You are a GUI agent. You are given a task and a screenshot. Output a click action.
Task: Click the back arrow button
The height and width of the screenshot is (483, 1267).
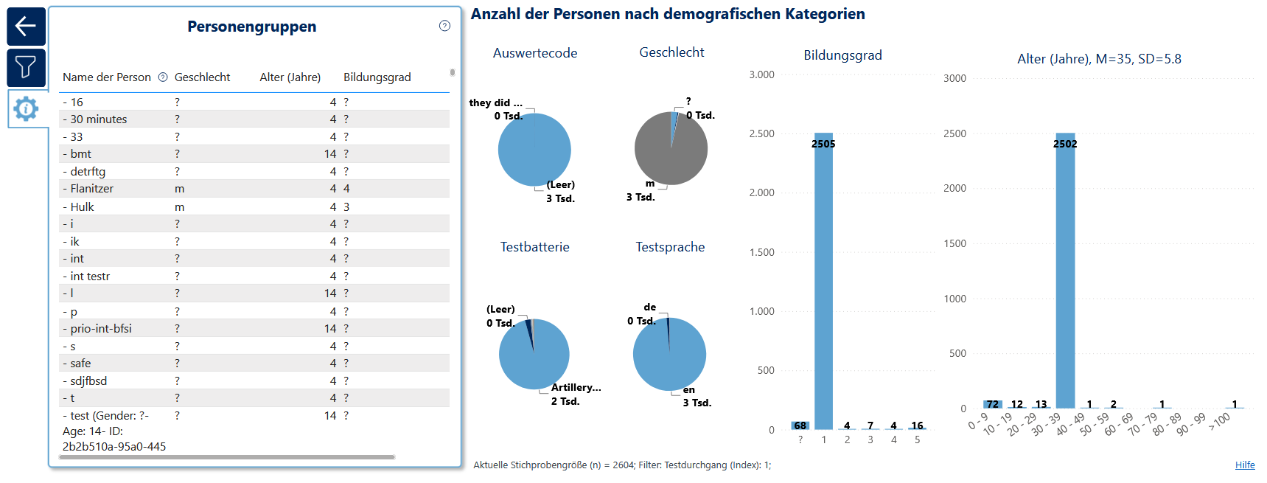coord(26,27)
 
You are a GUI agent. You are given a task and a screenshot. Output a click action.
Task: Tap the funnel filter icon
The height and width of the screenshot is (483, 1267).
coord(26,68)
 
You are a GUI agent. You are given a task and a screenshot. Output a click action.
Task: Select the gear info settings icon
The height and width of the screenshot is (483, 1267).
coord(26,109)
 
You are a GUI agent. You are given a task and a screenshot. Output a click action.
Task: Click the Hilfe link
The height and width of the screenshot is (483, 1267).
coord(1245,465)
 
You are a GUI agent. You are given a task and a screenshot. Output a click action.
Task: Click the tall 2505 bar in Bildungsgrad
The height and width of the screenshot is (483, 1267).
coord(823,281)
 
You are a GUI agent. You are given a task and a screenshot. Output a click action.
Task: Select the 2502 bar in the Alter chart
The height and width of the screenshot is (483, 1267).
coord(1065,271)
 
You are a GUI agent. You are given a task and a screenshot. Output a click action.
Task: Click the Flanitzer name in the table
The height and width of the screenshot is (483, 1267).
coord(92,189)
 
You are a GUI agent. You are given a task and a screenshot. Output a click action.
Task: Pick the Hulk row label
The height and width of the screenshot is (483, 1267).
coord(82,207)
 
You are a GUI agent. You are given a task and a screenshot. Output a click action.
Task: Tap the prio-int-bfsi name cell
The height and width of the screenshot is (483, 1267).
coord(101,329)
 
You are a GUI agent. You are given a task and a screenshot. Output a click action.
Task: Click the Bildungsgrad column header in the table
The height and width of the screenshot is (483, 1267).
coord(377,77)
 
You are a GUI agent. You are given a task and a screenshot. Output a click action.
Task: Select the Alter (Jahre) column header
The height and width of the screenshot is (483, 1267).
coord(290,77)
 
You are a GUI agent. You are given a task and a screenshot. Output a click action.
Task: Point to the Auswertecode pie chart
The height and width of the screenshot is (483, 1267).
coord(534,150)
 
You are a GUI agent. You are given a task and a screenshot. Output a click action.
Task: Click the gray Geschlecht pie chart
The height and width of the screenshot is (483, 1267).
coord(671,148)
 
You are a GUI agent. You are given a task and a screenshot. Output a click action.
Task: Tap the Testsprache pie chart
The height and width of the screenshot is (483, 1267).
coord(669,354)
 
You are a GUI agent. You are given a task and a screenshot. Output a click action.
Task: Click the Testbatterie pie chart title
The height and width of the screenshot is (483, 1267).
coord(535,247)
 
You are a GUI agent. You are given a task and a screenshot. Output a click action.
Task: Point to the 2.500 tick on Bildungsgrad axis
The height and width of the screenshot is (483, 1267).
coord(762,133)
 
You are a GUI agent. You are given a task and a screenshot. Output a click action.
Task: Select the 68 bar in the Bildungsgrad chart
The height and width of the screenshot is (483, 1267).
coord(800,425)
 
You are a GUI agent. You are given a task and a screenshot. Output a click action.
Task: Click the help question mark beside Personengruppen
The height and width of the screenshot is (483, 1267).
coord(444,26)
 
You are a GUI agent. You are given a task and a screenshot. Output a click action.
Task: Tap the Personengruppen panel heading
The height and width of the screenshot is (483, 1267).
coord(252,27)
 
